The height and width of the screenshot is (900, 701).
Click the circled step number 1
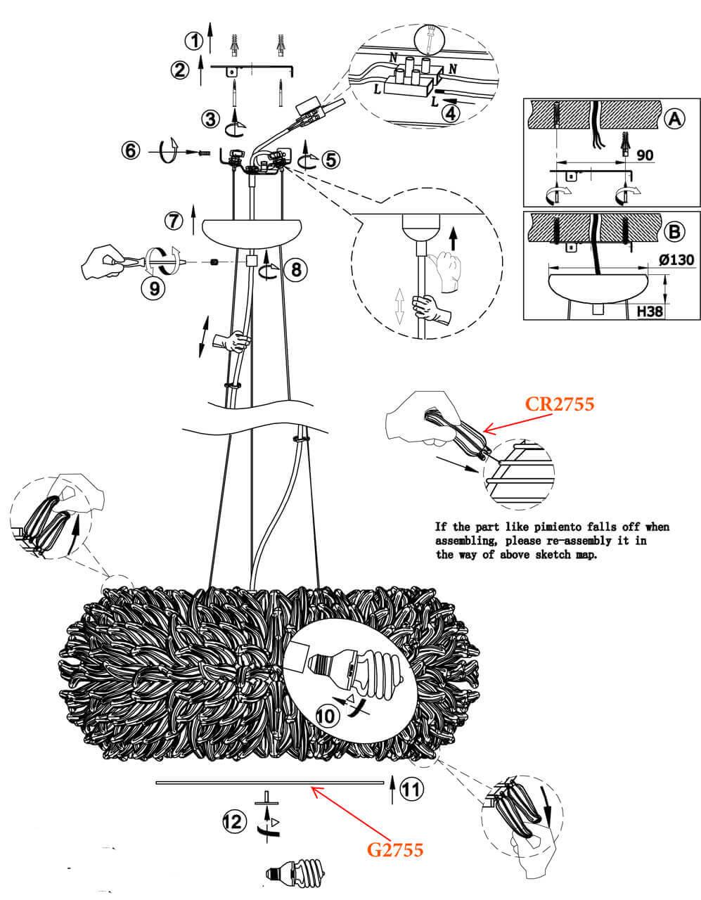tap(194, 41)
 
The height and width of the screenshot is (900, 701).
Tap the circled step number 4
tap(451, 113)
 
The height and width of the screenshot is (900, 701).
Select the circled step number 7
tap(174, 221)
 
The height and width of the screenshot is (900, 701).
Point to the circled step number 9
tap(154, 288)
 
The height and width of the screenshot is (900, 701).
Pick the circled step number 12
tap(234, 821)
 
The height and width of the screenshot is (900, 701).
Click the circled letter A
tap(674, 120)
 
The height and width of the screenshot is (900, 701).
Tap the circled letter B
tap(674, 231)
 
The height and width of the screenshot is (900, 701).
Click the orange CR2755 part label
tap(560, 404)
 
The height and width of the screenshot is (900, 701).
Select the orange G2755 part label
tap(395, 850)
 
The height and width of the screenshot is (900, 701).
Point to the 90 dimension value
tap(645, 155)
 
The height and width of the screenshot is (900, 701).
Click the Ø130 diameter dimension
tap(676, 260)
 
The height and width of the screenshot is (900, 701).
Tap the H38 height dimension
tap(649, 311)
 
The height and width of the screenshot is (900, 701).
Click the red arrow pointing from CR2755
tap(505, 423)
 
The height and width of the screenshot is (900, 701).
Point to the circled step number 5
tap(330, 160)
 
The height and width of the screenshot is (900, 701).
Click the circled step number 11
tap(411, 790)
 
